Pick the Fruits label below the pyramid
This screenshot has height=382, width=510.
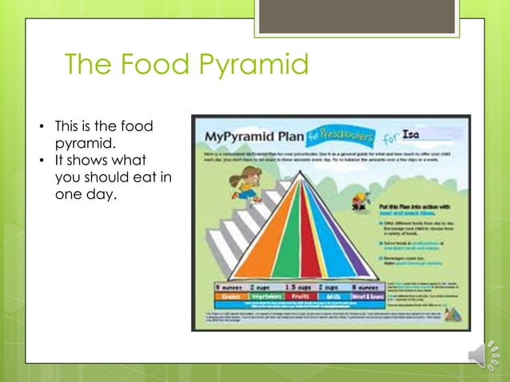302,295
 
